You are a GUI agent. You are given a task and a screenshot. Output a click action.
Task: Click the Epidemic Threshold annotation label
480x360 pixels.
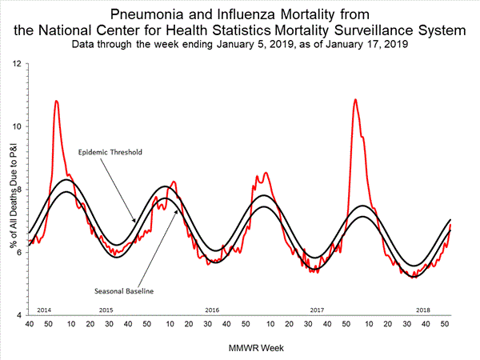pyautogui.click(x=110, y=151)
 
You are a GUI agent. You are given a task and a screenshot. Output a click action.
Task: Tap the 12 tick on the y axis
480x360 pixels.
pyautogui.click(x=18, y=62)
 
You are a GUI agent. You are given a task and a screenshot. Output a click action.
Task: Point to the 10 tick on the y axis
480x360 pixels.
pyautogui.click(x=18, y=126)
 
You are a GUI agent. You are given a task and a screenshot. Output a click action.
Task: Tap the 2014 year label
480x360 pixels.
pyautogui.click(x=45, y=310)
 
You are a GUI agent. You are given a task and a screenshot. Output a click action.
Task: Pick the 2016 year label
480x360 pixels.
pyautogui.click(x=212, y=310)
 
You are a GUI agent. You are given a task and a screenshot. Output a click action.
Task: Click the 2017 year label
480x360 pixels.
pyautogui.click(x=317, y=310)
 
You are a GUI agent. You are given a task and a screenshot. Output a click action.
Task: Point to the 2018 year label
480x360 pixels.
pyautogui.click(x=422, y=310)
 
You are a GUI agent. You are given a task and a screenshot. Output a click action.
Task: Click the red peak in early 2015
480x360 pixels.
pyautogui.click(x=56, y=102)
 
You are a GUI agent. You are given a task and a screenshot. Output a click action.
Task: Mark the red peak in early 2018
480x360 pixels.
pyautogui.click(x=355, y=100)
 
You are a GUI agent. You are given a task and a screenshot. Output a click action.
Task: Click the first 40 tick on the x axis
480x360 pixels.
pyautogui.click(x=30, y=324)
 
